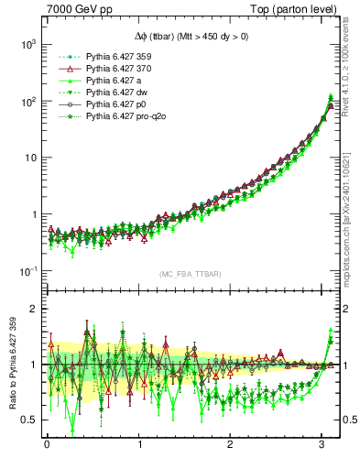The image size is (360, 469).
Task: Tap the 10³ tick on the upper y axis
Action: (27, 44)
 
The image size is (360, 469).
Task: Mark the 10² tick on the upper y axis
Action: (27, 101)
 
